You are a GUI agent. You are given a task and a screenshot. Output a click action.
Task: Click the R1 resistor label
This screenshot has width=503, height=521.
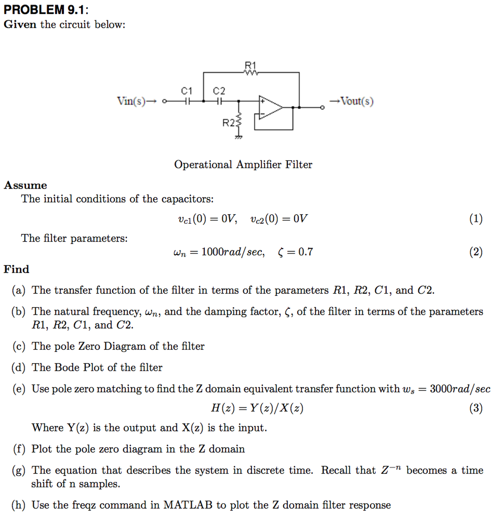click(250, 65)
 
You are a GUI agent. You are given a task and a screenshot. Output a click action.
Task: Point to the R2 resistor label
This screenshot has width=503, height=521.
click(228, 123)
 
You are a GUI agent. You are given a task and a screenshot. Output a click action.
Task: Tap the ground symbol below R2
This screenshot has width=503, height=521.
click(238, 137)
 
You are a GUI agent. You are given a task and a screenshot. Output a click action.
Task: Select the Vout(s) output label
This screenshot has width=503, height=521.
click(357, 101)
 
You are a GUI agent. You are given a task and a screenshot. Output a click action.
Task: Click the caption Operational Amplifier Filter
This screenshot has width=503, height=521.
click(243, 164)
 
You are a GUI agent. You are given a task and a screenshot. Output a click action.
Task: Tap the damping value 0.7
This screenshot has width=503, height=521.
click(305, 252)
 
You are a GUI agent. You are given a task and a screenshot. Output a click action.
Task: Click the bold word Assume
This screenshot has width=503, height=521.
click(25, 185)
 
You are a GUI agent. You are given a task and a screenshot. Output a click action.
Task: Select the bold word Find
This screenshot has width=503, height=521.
click(17, 269)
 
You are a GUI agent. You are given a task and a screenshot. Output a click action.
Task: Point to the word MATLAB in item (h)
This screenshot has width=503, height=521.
click(188, 505)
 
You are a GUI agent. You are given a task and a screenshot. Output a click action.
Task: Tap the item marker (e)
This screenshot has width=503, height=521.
click(19, 389)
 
